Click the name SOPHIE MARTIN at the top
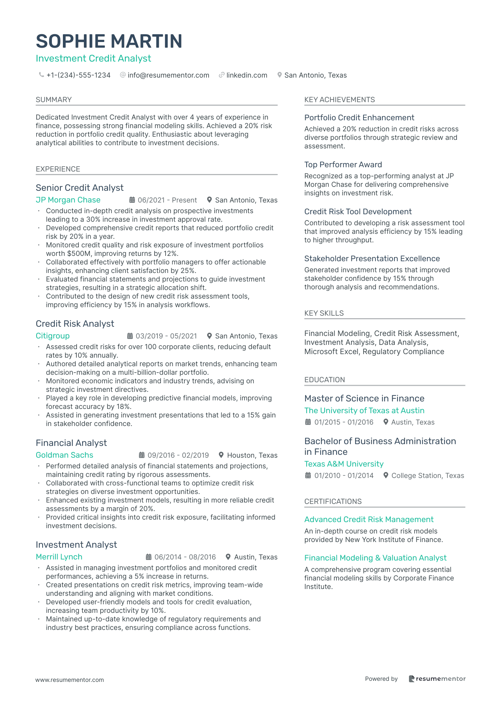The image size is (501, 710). tap(109, 41)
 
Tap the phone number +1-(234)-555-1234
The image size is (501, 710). tap(79, 75)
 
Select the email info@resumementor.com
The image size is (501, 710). tap(168, 75)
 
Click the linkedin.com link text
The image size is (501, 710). tap(247, 75)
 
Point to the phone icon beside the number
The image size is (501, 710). tap(42, 75)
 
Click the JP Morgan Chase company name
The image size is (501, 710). tap(68, 200)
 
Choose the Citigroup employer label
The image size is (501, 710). tap(53, 336)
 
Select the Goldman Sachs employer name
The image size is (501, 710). tap(64, 455)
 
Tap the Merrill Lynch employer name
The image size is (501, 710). tap(59, 557)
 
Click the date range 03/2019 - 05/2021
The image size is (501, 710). tap(166, 336)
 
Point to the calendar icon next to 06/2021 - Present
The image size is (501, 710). tap(132, 200)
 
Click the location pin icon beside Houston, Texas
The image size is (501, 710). tap(221, 455)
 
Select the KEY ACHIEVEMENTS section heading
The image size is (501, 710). tap(339, 100)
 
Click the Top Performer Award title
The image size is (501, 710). tap(343, 164)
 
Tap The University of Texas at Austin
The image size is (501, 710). tap(364, 411)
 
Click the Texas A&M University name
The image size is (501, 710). tap(344, 464)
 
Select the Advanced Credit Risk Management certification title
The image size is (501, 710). tap(369, 520)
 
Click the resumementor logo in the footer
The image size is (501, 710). tap(437, 679)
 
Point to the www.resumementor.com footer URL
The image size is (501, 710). tap(70, 680)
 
